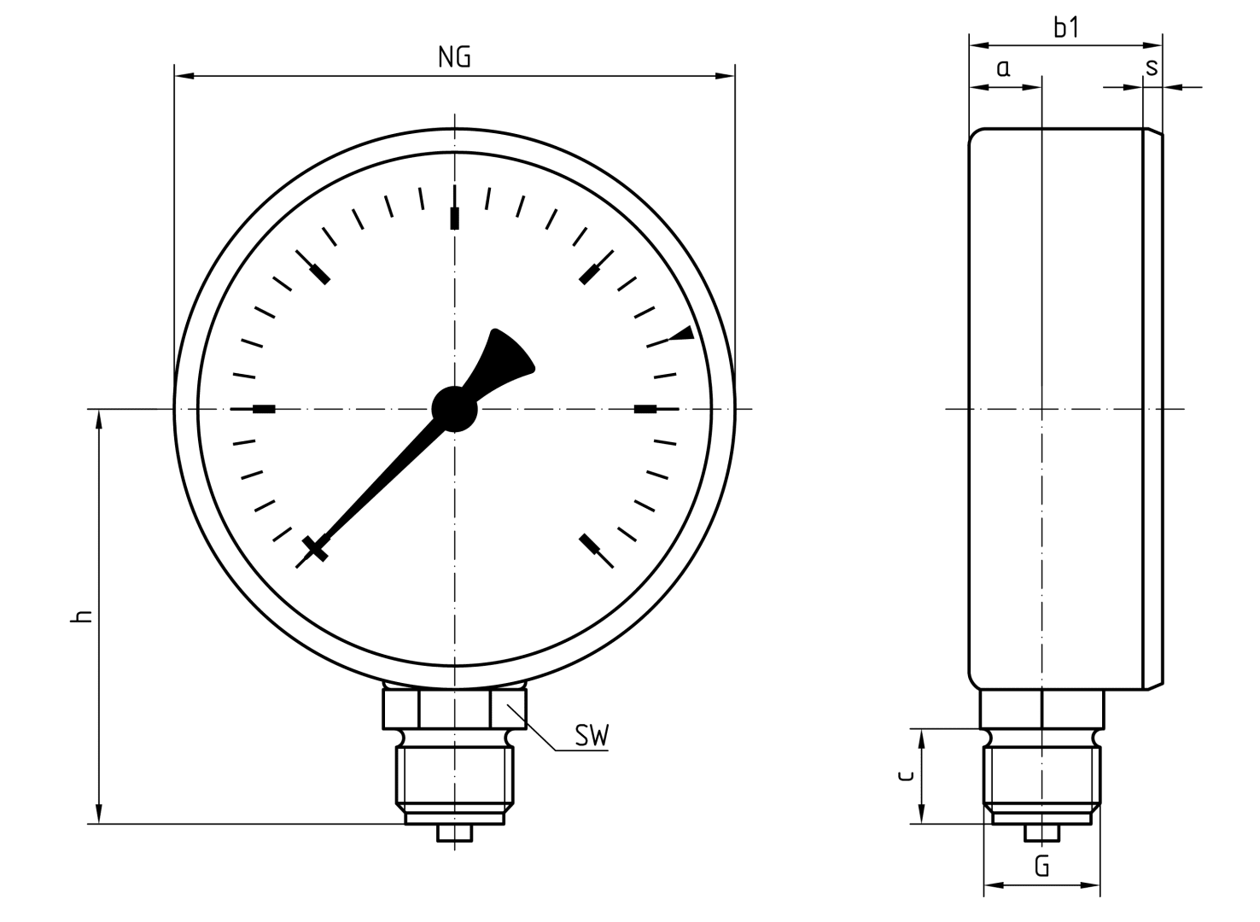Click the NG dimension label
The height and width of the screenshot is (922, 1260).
[454, 57]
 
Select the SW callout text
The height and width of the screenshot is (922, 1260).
[592, 737]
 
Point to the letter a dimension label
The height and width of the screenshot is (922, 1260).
[1003, 68]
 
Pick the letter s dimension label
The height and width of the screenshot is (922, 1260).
[1152, 68]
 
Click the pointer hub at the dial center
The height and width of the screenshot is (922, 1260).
[454, 409]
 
